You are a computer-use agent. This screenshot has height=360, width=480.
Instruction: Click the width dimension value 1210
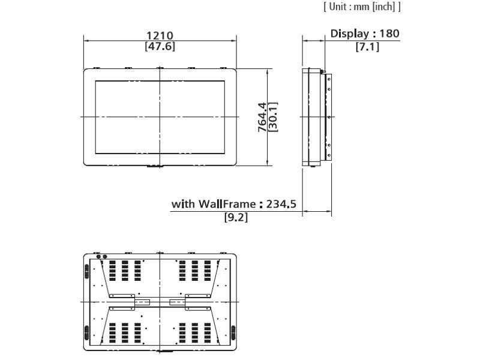point(160,35)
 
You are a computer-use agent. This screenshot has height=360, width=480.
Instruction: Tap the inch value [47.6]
point(160,47)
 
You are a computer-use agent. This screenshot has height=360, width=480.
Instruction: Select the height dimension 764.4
point(262,117)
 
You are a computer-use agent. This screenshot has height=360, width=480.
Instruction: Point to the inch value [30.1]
point(273,117)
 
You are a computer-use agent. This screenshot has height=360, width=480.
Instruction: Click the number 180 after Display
point(389,34)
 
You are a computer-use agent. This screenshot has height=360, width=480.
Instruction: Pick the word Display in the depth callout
point(350,34)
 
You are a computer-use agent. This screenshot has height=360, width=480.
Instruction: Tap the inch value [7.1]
point(367,47)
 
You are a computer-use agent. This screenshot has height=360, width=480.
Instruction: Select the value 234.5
point(281,204)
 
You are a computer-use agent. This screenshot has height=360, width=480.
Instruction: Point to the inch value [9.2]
point(236,217)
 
